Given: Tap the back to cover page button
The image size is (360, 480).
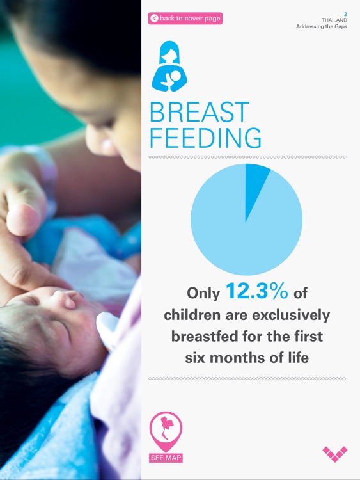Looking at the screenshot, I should click(x=185, y=19).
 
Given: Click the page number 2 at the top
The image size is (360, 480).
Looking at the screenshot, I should click(x=345, y=13).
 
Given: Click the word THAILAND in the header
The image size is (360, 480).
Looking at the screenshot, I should click(x=334, y=20).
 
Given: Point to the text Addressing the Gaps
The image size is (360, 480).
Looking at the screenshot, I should click(x=321, y=27).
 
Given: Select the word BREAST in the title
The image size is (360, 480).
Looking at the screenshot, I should click(x=199, y=113).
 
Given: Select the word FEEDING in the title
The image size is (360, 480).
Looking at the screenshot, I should click(x=205, y=138).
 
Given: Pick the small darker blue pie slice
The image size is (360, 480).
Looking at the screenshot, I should click(x=255, y=182).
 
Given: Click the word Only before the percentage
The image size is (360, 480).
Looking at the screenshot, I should click(x=203, y=294).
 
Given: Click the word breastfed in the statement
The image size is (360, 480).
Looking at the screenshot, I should click(x=208, y=337).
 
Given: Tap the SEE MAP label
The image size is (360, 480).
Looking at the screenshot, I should click(x=166, y=458).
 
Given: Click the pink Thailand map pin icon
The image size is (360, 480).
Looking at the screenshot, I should click(x=166, y=431).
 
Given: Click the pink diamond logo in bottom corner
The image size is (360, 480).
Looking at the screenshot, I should click(x=335, y=454).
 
